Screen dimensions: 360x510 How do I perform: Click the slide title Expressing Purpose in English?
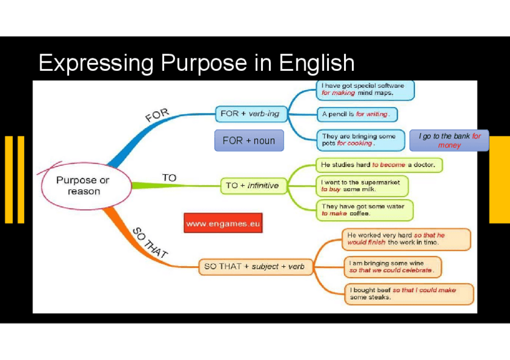click(x=196, y=63)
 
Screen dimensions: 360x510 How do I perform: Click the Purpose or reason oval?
click(x=83, y=185)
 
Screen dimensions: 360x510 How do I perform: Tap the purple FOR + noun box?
click(x=248, y=141)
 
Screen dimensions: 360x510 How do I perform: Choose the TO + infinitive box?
click(x=252, y=186)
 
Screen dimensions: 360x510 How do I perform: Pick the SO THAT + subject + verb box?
click(x=254, y=266)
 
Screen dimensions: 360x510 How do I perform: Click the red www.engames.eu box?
click(x=223, y=224)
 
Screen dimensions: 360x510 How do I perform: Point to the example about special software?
click(x=365, y=90)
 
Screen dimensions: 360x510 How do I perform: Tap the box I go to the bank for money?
click(x=449, y=141)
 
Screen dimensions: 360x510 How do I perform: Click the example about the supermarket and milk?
click(x=361, y=185)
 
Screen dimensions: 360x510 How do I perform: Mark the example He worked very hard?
click(x=406, y=239)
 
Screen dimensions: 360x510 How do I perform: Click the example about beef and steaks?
click(x=409, y=294)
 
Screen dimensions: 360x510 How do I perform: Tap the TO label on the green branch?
click(x=169, y=178)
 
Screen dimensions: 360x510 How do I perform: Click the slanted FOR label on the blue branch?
click(x=157, y=114)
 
